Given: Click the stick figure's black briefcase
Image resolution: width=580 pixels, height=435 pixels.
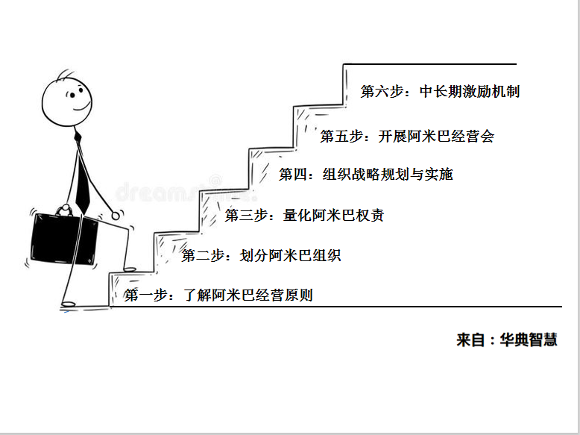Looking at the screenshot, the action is [x=64, y=239].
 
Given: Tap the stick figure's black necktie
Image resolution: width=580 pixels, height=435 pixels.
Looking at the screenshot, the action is [x=82, y=174].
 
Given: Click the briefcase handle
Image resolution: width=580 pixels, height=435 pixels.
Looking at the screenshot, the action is [x=66, y=210].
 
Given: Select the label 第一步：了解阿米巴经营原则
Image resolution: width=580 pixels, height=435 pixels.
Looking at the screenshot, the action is [x=218, y=295].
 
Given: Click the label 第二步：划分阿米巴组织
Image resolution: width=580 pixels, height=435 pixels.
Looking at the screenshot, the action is [x=261, y=255].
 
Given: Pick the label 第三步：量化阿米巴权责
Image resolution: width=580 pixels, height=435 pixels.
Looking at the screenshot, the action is [x=304, y=215].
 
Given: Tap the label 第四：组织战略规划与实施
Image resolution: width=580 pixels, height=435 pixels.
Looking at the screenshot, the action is [x=366, y=174].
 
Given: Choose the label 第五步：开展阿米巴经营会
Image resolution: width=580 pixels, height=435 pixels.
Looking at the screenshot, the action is [x=407, y=136].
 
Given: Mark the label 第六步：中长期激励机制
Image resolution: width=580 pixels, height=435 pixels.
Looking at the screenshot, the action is [x=440, y=91].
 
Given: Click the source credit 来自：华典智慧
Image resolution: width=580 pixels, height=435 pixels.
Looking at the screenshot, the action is [x=507, y=339].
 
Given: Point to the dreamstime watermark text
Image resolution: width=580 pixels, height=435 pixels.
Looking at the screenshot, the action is [x=185, y=192].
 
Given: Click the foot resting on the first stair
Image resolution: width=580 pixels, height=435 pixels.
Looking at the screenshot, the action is [x=130, y=270].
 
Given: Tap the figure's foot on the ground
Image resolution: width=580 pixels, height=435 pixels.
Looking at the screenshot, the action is [x=68, y=304].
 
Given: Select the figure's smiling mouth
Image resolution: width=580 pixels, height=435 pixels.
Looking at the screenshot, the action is [x=83, y=107].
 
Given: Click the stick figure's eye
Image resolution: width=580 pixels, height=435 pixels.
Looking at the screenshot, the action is [x=72, y=96].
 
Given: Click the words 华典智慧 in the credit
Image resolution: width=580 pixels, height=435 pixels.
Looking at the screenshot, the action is [x=529, y=339].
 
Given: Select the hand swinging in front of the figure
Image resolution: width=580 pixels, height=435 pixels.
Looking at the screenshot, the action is [x=116, y=216].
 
